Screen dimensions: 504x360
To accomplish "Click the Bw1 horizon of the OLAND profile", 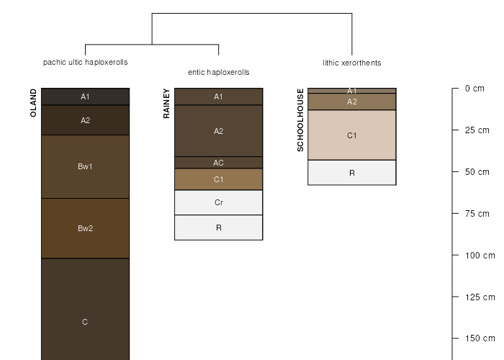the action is pos(85,166).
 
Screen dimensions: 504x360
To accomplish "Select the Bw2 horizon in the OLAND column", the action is pos(85,228).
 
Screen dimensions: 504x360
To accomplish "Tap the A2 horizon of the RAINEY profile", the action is pos(219,131).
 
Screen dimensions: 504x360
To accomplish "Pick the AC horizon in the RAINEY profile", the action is pos(219,163).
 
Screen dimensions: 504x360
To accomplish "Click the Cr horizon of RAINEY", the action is pos(219,202).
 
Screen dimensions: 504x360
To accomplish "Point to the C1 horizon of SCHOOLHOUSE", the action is pos(352,135).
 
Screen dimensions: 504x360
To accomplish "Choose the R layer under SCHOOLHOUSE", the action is pos(352,173).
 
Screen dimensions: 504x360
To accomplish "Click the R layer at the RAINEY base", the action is pos(219,228).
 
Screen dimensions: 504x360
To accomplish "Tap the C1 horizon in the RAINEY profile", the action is pos(219,179).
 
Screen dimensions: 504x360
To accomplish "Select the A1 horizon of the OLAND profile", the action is pos(85,96).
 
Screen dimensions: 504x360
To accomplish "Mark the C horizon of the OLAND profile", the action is pos(85,309).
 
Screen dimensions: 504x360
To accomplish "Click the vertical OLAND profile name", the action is pos(33,103).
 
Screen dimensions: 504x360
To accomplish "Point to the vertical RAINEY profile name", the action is pos(166,104).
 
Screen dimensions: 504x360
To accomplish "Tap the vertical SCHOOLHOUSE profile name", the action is pos(300,120).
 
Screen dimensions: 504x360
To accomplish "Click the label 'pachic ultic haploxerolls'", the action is pos(85,62).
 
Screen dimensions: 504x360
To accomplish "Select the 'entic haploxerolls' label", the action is pos(219,72).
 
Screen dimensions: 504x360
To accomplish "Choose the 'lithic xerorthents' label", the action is pos(352,63).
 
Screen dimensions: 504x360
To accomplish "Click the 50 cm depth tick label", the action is pos(477,172).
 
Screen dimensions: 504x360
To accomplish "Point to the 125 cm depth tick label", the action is pos(480,297).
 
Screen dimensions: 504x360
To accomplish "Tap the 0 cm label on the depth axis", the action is pos(474,89).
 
